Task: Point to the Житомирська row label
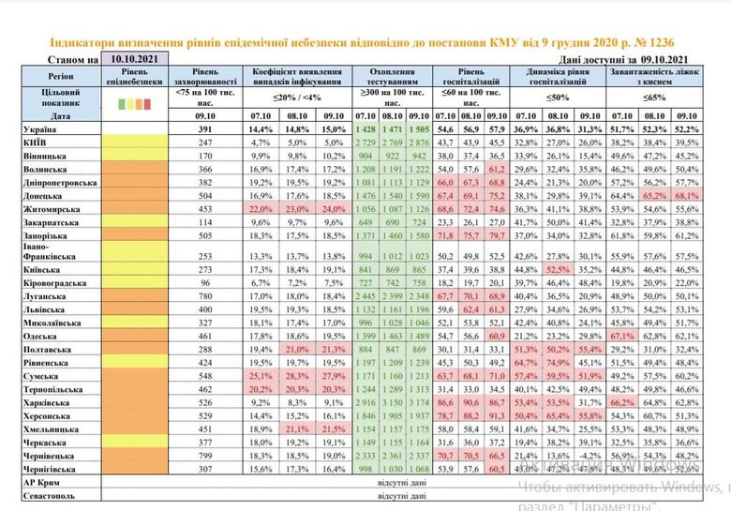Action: coord(55,212)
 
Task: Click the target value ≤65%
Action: coord(654,96)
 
